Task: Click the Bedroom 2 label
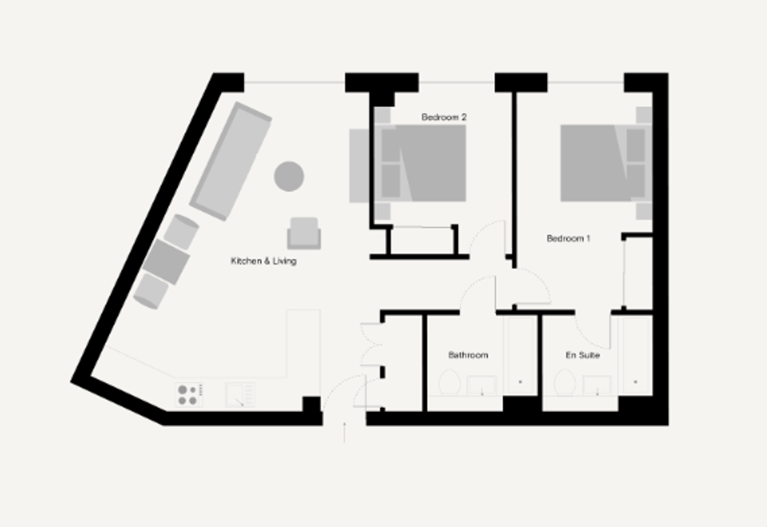click(x=443, y=117)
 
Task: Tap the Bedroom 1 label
click(x=568, y=239)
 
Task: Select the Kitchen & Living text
click(x=264, y=261)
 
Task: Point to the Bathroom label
click(x=468, y=354)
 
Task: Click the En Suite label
click(x=583, y=354)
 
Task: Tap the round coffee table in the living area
click(x=289, y=176)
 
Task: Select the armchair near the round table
click(x=304, y=233)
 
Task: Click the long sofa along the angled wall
click(x=230, y=162)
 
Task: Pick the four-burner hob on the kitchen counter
click(x=189, y=395)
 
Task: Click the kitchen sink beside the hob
click(x=239, y=395)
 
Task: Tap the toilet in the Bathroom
click(x=449, y=382)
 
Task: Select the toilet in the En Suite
click(x=565, y=382)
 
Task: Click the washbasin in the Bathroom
click(x=482, y=386)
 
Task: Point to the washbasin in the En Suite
click(x=597, y=386)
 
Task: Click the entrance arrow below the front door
click(x=344, y=432)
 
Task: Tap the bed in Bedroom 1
click(x=606, y=163)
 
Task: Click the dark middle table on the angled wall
click(x=166, y=262)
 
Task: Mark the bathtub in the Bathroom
click(x=520, y=356)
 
